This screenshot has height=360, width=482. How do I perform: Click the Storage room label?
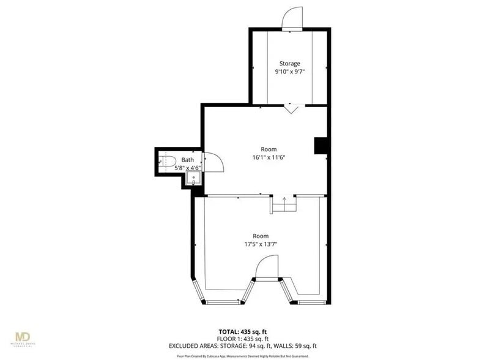pos(290,64)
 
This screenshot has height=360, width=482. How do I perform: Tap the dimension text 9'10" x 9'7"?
pos(290,72)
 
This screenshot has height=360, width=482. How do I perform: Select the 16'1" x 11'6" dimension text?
pos(269,157)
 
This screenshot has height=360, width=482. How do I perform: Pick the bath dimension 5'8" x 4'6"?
pos(187,167)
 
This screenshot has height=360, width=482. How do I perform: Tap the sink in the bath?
pos(194,179)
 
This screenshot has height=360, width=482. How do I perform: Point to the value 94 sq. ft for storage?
pos(267,346)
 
